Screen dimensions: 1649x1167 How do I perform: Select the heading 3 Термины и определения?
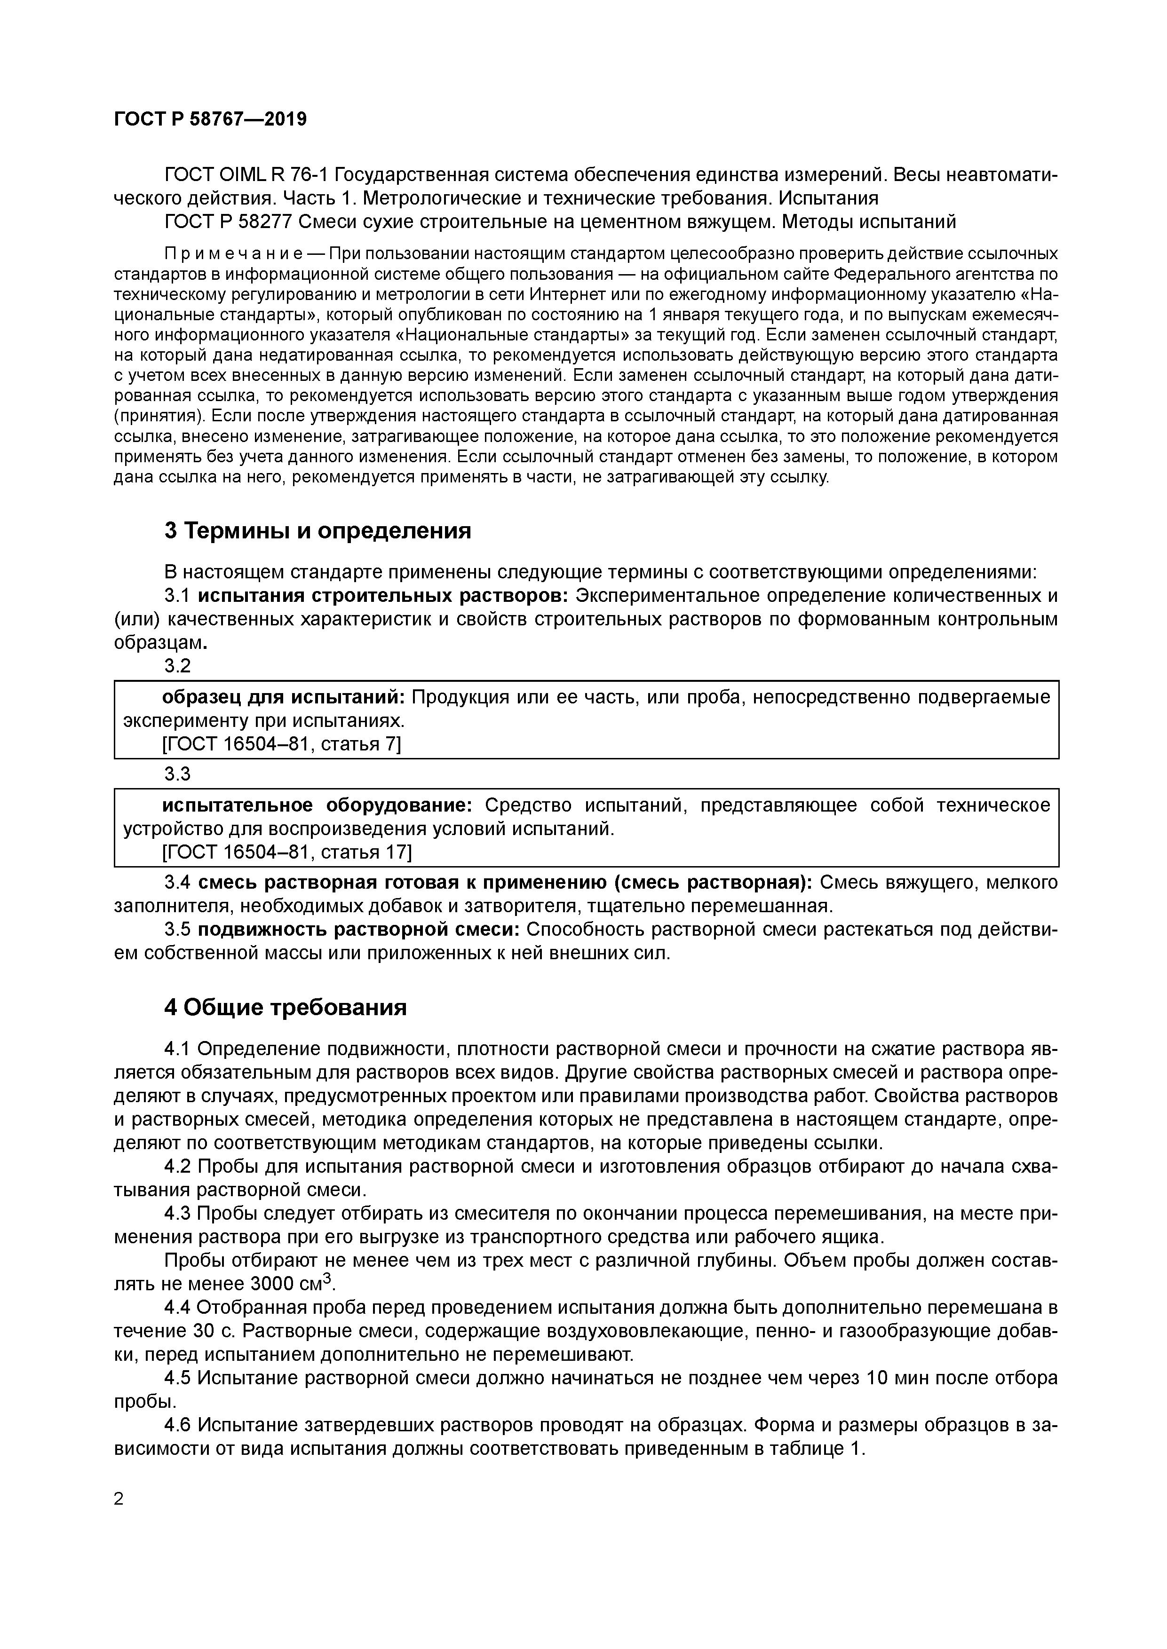tap(318, 531)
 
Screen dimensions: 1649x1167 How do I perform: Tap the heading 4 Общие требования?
tap(286, 1008)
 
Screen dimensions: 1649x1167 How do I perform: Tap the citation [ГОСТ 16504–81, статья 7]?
tap(282, 744)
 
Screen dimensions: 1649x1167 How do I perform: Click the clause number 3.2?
tap(177, 666)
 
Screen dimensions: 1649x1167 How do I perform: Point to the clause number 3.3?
tap(177, 774)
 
